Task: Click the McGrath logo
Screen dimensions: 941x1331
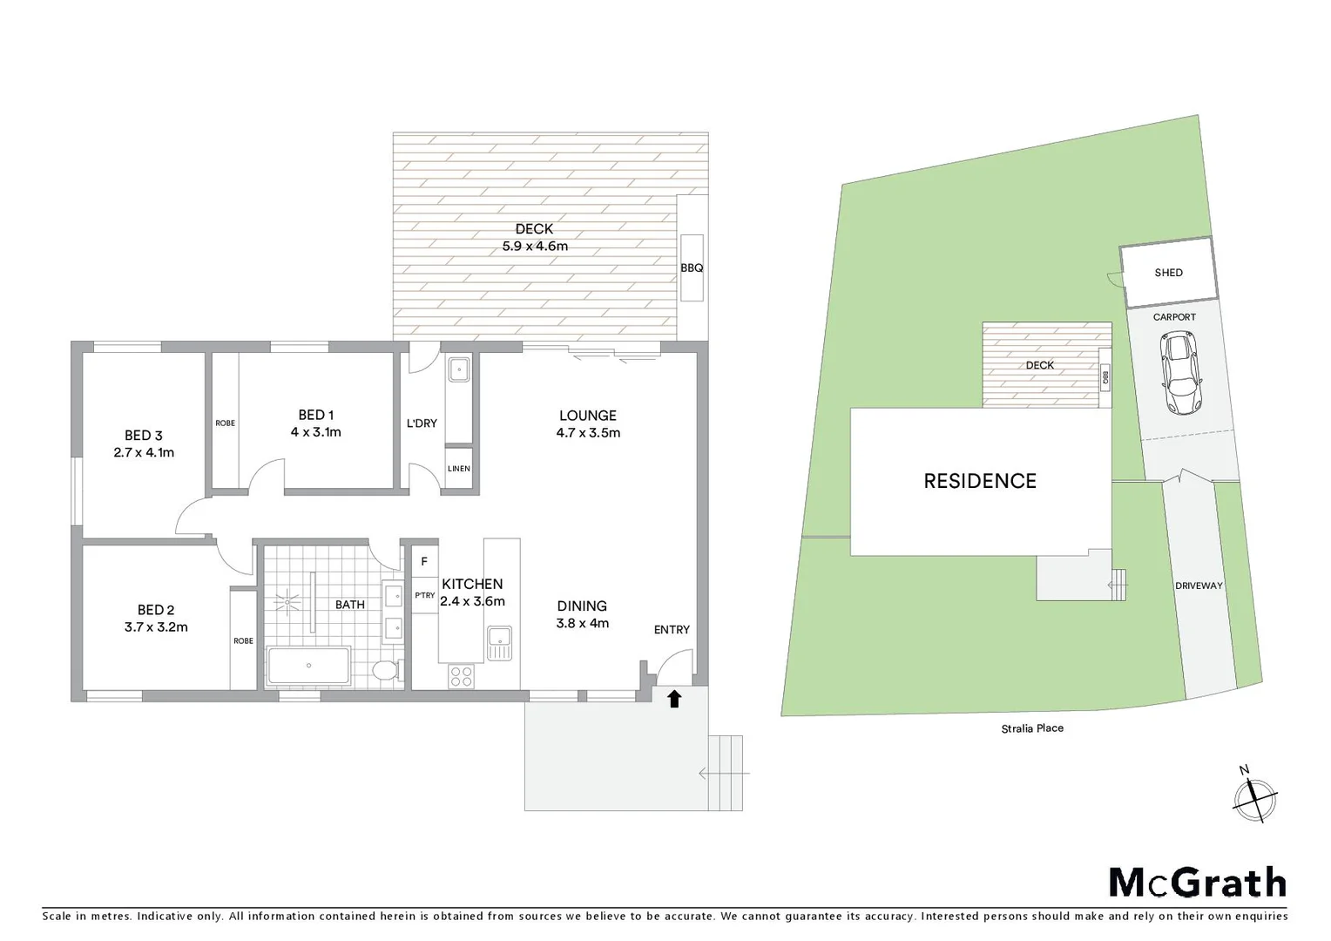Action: [x=1197, y=883]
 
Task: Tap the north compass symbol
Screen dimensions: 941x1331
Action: [x=1254, y=796]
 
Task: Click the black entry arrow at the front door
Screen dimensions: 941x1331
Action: [x=673, y=698]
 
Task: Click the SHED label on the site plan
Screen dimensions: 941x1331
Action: [x=1168, y=273]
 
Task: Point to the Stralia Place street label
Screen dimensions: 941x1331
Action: [x=1032, y=728]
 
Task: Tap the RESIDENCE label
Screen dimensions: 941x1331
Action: [x=979, y=481]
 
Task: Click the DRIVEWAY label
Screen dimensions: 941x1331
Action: [x=1199, y=586]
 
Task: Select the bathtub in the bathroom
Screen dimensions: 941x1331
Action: [x=308, y=666]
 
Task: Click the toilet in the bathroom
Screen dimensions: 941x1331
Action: [x=384, y=671]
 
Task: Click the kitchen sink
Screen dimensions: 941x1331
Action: [x=500, y=644]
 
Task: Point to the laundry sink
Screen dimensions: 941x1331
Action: [x=458, y=369]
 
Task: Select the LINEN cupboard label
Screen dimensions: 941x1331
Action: [x=458, y=469]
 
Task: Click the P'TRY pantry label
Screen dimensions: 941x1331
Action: [x=424, y=596]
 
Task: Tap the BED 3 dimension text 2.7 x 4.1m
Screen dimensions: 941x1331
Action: [x=144, y=452]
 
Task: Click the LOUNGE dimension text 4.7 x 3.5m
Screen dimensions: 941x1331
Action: [x=588, y=433]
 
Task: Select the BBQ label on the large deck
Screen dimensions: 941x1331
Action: [x=692, y=268]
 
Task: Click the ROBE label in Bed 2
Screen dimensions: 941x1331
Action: [x=243, y=641]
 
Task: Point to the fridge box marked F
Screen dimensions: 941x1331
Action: [x=424, y=562]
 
